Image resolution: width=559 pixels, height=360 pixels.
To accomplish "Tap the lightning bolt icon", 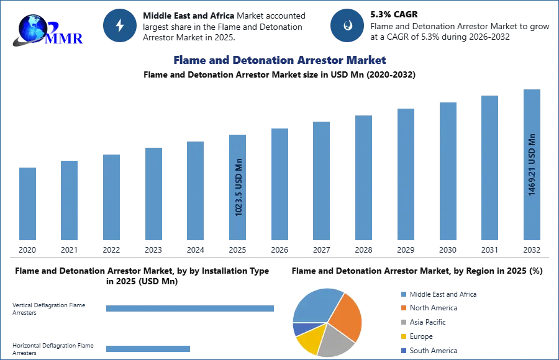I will (x=120, y=25).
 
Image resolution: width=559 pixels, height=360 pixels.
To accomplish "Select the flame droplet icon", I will (x=347, y=25).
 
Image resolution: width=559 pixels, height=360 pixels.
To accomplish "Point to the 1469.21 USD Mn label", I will (x=532, y=164).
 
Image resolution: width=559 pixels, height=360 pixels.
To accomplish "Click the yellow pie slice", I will (x=310, y=337).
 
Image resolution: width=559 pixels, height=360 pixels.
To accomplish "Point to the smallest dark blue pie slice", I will (x=299, y=328).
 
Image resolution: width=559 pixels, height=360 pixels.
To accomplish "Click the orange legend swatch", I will (x=402, y=308).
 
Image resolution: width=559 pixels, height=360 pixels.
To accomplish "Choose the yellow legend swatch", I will (x=402, y=338).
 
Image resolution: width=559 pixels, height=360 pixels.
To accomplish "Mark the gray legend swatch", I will (x=402, y=323).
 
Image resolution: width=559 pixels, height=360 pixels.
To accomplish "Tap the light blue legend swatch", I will (x=402, y=293).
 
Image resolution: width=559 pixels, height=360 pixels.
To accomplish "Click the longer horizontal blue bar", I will (x=190, y=308).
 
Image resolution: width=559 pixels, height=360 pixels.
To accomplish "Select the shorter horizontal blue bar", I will (x=148, y=348).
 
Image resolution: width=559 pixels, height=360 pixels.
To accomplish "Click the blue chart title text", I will (x=279, y=60).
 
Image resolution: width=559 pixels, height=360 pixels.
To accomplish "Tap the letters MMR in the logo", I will (x=65, y=38).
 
